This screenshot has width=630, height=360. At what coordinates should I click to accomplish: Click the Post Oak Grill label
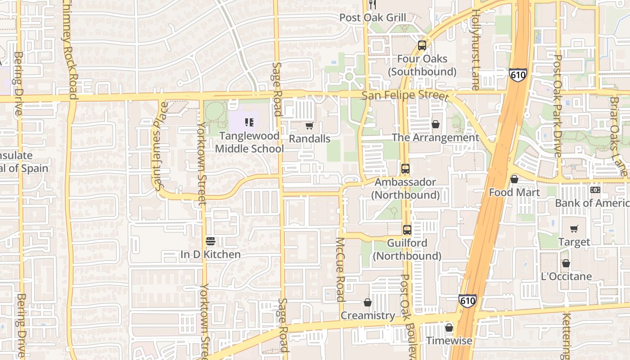coord(373,18)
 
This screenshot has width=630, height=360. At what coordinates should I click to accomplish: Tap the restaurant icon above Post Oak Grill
coord(372,4)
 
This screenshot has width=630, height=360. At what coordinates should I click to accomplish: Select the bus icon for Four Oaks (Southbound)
coord(422,45)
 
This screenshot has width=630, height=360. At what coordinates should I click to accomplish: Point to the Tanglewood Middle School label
coord(249,142)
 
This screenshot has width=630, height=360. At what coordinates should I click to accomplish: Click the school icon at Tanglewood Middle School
coord(249,122)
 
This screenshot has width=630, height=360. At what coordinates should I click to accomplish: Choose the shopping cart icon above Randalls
coord(309,126)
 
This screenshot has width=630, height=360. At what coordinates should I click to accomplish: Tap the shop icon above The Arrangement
coord(435,124)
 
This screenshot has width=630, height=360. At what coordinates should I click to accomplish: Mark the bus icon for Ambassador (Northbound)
coord(405,169)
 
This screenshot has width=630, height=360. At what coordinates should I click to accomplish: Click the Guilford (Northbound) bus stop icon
coord(407,230)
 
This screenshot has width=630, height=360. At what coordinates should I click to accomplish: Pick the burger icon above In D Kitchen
coord(210,241)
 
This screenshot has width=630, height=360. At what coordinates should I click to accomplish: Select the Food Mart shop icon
coord(514,180)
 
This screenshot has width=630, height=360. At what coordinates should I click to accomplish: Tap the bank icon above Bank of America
coord(595,190)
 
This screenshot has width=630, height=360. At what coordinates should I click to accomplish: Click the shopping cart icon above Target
coord(574,229)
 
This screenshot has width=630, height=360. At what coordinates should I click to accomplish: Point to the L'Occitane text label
coord(567,276)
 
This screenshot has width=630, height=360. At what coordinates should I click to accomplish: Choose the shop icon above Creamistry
coord(368,302)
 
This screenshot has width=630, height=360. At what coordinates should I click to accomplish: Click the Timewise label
coord(449,340)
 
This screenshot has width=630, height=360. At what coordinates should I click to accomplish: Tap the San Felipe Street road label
coord(405,95)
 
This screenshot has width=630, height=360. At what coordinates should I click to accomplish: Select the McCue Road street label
coord(340,269)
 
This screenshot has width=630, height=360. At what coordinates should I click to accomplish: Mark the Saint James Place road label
coord(160,146)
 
